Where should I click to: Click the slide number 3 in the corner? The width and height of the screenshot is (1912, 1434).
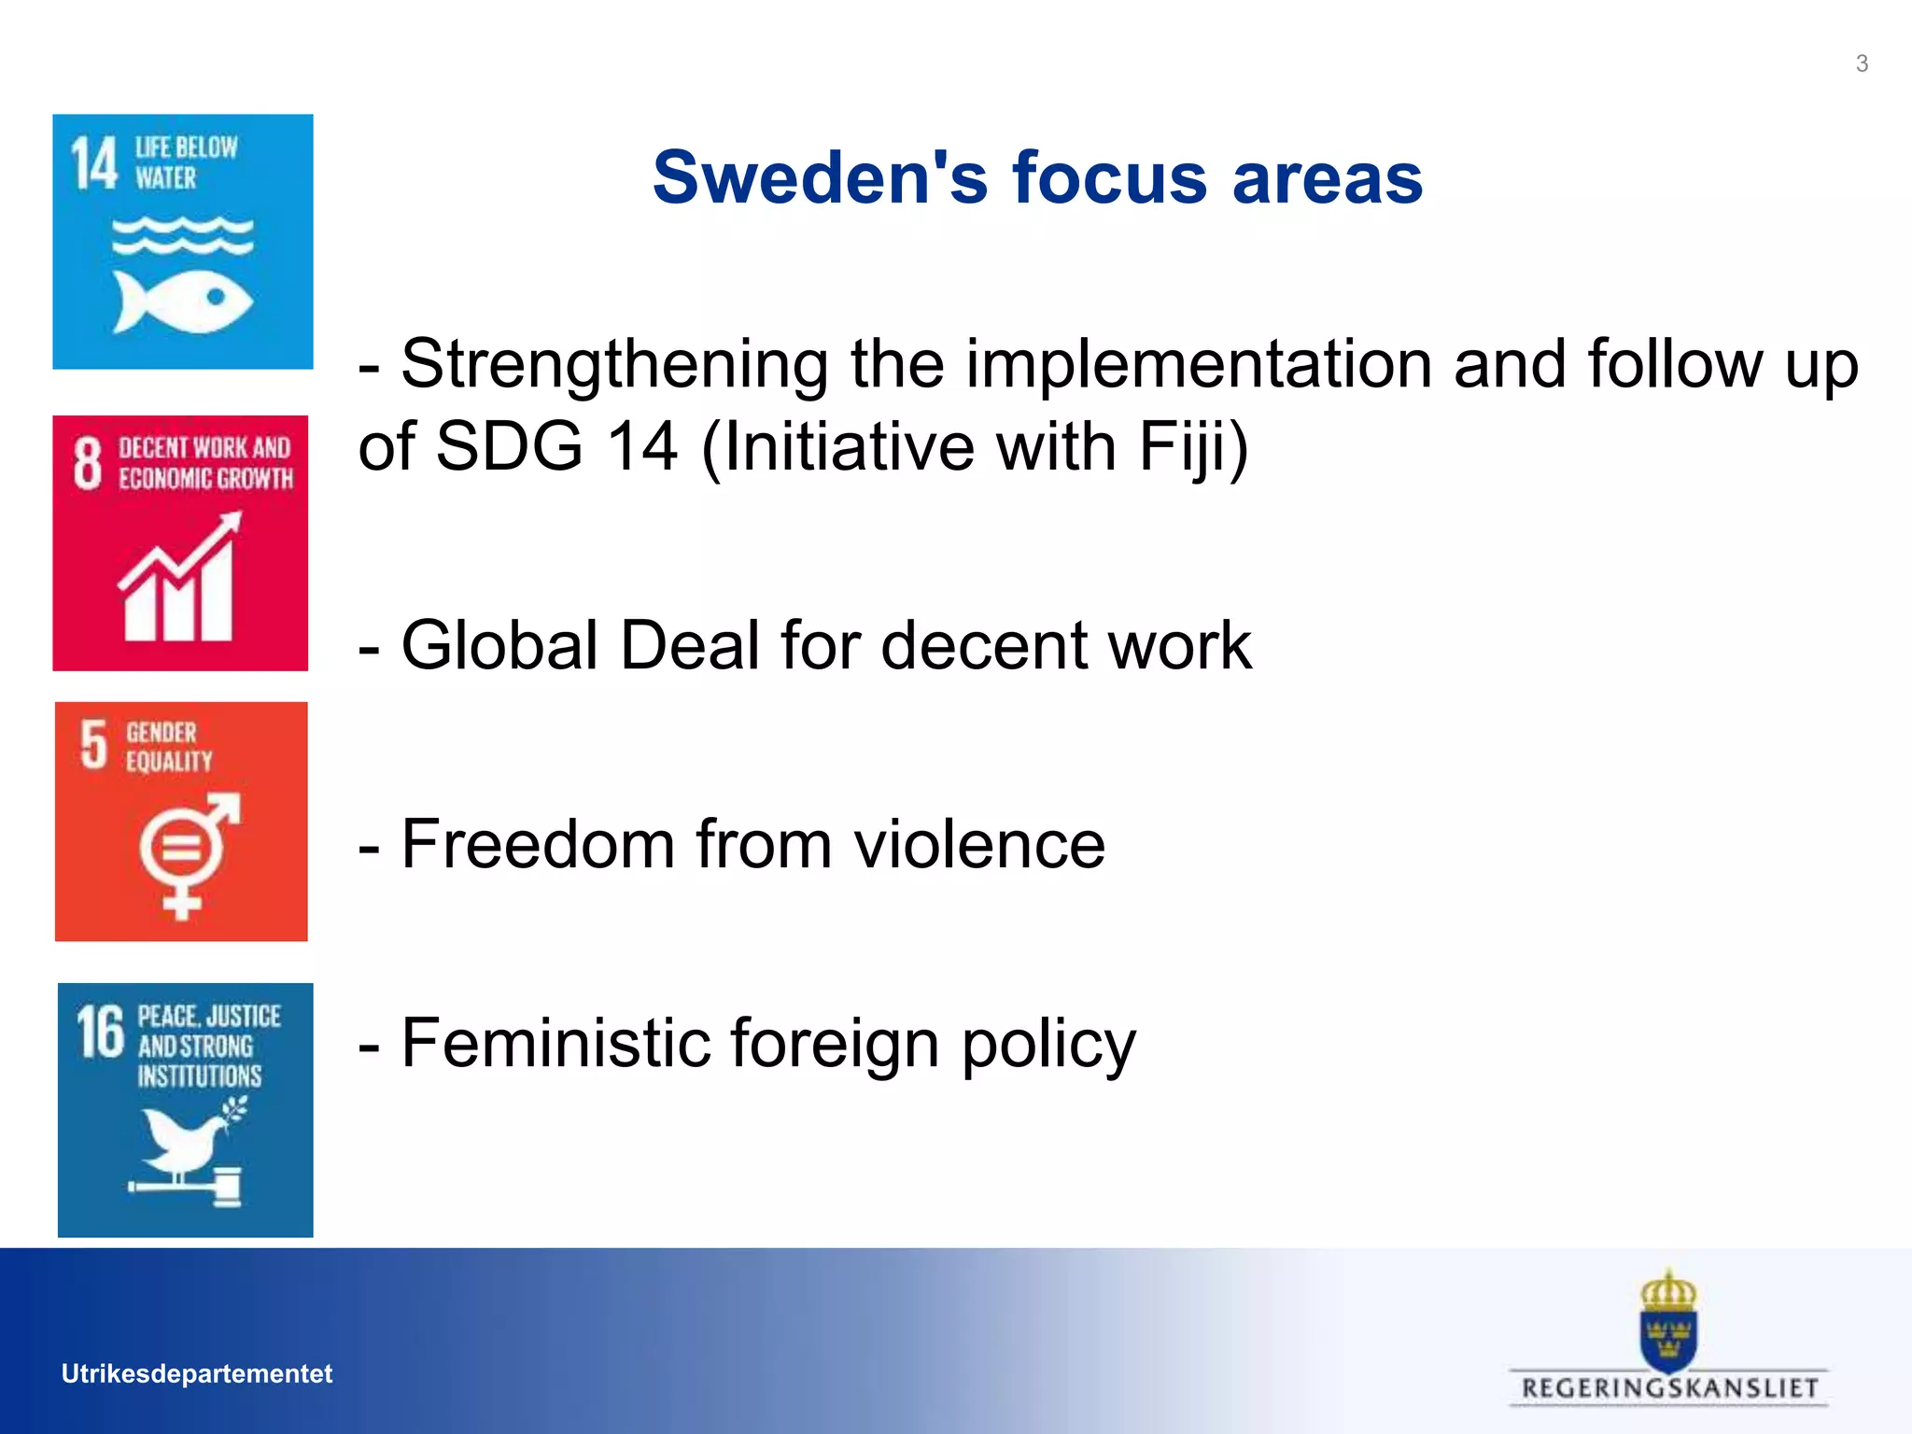coord(1861,63)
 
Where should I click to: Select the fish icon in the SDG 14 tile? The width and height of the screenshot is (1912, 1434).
coord(183,301)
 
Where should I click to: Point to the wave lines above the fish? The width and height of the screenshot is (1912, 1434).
coord(183,235)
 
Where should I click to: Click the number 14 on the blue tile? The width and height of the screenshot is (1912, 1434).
coord(94,163)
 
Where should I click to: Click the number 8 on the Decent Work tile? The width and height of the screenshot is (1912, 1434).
coord(87,463)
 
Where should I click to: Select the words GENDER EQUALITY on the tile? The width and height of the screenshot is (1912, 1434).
coord(169,747)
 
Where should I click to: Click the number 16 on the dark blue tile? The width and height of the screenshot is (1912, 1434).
coord(100,1033)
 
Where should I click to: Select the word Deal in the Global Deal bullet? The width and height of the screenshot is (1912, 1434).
coord(690,645)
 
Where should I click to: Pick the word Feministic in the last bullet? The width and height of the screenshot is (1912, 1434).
coord(555,1043)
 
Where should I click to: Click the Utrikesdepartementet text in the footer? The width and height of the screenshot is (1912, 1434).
coord(196,1373)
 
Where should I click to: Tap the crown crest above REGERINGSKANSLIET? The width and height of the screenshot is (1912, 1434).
coord(1668,1320)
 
